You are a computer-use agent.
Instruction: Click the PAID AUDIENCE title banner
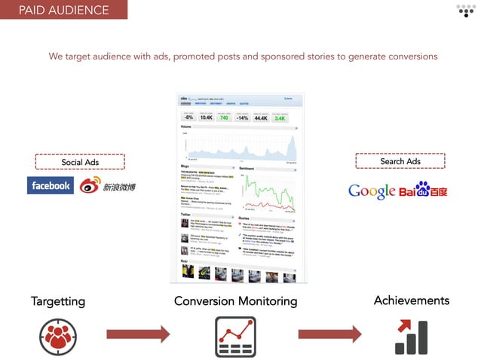[x=63, y=10]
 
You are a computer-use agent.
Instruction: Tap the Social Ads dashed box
[x=80, y=162]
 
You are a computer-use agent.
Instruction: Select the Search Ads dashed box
[x=400, y=161]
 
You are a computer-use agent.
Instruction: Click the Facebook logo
[x=51, y=185]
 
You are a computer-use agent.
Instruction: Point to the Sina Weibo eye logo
[x=90, y=185]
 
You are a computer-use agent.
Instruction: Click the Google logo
[x=372, y=191]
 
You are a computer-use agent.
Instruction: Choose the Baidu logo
[x=423, y=191]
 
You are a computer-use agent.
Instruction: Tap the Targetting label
[x=58, y=301]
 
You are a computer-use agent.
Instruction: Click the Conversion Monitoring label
[x=235, y=301]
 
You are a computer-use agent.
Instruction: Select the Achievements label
[x=411, y=301]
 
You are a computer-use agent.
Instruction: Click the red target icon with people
[x=57, y=335]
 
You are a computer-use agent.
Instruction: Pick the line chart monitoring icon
[x=235, y=336]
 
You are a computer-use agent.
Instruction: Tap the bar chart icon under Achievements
[x=411, y=336]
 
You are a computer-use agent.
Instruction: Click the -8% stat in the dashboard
[x=190, y=117]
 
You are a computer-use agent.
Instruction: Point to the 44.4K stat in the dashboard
[x=262, y=117]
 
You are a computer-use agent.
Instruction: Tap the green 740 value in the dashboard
[x=224, y=117]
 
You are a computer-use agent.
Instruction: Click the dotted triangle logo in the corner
[x=466, y=11]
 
